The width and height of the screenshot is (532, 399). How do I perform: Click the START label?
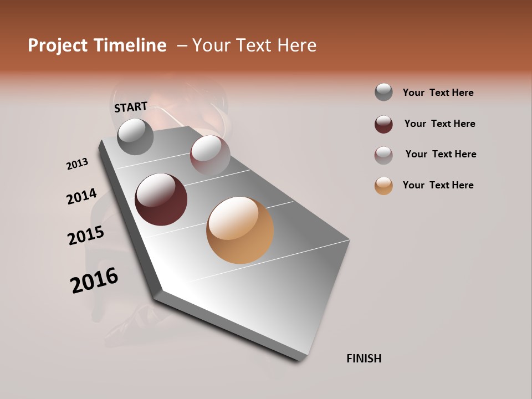coord(131,107)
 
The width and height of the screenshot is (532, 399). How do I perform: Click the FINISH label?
coord(364,359)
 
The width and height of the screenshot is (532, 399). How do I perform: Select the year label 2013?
coord(78,164)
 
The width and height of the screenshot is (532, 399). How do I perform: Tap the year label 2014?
coord(82,196)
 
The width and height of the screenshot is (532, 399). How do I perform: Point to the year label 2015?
coord(86,236)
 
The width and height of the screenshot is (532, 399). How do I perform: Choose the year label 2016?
coord(94,280)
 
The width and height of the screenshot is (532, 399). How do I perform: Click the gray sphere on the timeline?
coord(136,136)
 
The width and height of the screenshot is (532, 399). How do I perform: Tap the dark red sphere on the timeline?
coord(161,199)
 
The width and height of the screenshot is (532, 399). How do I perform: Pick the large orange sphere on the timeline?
coord(240,230)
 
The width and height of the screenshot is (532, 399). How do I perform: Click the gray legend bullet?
coord(383,92)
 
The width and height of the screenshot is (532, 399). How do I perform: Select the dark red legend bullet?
coord(383,124)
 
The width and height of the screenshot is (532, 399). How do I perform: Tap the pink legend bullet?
coord(383,155)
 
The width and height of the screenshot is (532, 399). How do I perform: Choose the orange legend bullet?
coord(383,186)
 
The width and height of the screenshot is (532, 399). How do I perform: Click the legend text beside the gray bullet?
coord(438,93)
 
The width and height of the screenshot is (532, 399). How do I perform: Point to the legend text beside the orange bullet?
coord(438,185)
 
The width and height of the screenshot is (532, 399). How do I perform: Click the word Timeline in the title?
coord(131,45)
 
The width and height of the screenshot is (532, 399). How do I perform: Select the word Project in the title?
coord(58,45)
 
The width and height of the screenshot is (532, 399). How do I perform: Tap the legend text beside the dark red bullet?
coord(439,124)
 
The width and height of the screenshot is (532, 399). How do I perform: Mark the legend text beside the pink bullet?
coord(441,154)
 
